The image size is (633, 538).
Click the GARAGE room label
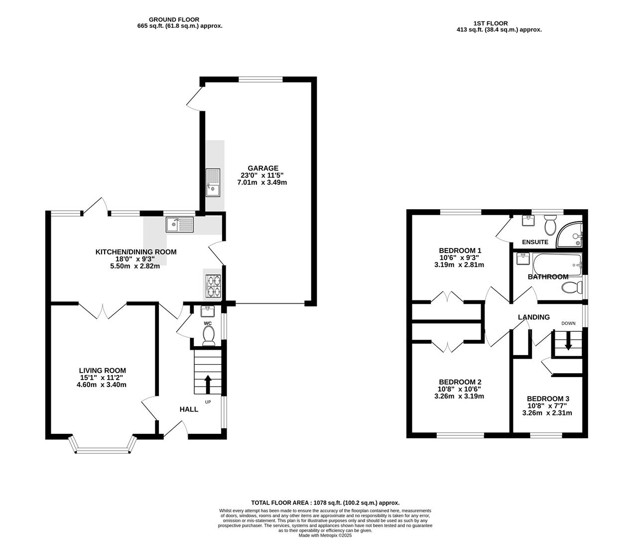coord(262,168)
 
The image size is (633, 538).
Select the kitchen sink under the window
coord(180,225)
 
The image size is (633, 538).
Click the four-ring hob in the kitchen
coord(213,285)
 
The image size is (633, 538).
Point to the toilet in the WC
coord(208,335)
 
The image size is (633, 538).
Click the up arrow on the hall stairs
coord(208,384)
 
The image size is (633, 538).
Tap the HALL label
coord(189,409)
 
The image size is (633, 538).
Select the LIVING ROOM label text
coord(103,371)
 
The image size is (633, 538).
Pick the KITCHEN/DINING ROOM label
coord(135,252)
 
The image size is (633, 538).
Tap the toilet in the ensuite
coord(550,226)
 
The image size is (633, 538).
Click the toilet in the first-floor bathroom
coord(571,287)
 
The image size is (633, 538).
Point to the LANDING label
coord(533,317)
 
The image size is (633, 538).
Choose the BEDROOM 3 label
coord(548,399)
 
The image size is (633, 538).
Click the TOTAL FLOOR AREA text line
coord(325,503)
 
